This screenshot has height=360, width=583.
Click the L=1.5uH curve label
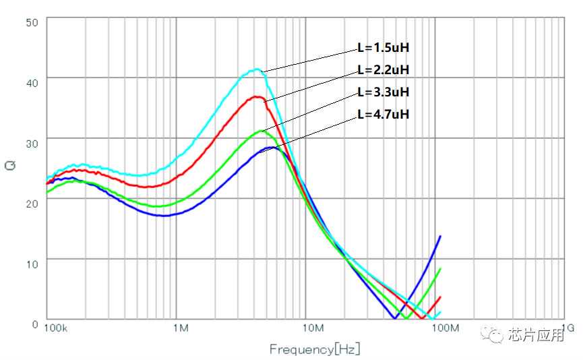pyautogui.click(x=383, y=49)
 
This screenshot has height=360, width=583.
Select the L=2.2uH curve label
pyautogui.click(x=383, y=69)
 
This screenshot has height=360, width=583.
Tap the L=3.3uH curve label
pyautogui.click(x=383, y=92)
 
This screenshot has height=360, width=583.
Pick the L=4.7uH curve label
pyautogui.click(x=383, y=114)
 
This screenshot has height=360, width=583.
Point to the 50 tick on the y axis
pyautogui.click(x=32, y=22)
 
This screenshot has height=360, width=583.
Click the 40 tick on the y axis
pyautogui.click(x=32, y=81)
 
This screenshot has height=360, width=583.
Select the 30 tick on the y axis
pyautogui.click(x=32, y=140)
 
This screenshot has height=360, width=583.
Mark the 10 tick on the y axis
pyautogui.click(x=32, y=262)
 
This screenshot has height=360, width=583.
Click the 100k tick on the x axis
pyautogui.click(x=55, y=329)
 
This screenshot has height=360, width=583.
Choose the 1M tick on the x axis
pyautogui.click(x=180, y=329)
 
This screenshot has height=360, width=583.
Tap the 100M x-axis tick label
pyautogui.click(x=445, y=329)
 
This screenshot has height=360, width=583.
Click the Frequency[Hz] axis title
pyautogui.click(x=315, y=349)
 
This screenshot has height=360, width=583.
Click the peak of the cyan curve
pyautogui.click(x=256, y=69)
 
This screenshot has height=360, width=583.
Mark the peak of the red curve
pyautogui.click(x=257, y=96)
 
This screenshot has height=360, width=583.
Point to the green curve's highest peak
pyautogui.click(x=262, y=131)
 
